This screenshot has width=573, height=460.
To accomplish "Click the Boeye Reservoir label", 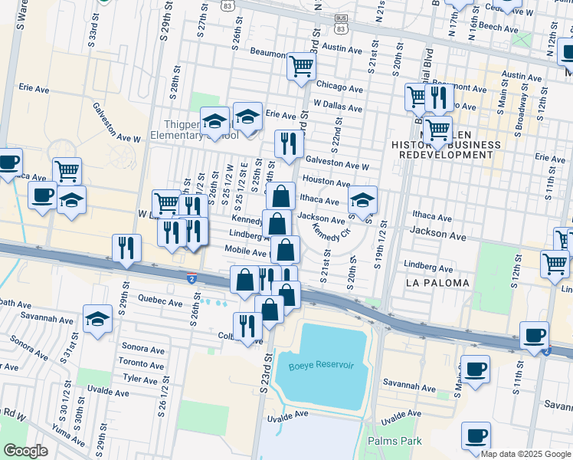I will tap(321, 366).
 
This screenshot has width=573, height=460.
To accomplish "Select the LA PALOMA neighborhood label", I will tap(433, 284).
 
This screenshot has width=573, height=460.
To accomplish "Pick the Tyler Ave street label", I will tap(140, 379).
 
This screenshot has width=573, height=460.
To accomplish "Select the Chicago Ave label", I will tap(339, 87).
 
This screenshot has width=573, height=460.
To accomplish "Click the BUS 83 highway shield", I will tap(340, 25).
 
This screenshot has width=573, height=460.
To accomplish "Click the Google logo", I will tap(25, 451).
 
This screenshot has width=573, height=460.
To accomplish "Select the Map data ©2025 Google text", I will tap(526, 454).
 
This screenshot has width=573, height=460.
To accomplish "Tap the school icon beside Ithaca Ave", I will tap(362, 201).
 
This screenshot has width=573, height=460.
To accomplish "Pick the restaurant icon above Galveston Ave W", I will tap(289, 143).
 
